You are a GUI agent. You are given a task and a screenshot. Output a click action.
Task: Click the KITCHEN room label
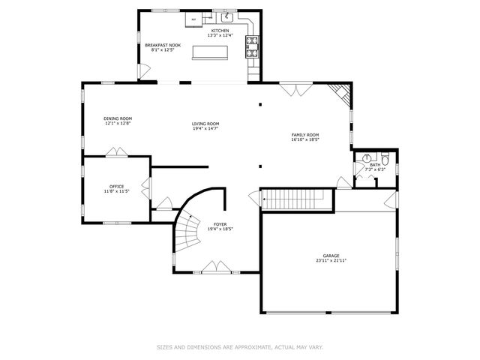pyautogui.click(x=220, y=31)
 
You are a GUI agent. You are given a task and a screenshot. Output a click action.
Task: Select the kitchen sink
pyautogui.click(x=225, y=16)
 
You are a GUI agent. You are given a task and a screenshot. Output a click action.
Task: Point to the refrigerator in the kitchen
pyautogui.click(x=193, y=18)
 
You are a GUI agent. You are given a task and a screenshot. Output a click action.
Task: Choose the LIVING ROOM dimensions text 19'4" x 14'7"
pyautogui.click(x=205, y=128)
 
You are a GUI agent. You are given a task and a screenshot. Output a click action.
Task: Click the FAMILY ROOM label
pyautogui.click(x=306, y=135)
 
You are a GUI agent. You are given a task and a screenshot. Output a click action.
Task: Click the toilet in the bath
pyautogui.click(x=384, y=159)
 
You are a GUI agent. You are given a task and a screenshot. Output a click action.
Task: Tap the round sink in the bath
pyautogui.click(x=366, y=159)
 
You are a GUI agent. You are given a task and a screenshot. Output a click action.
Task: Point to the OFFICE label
pyautogui.click(x=116, y=186)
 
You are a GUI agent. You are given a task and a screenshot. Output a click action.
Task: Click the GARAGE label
pyautogui.click(x=331, y=256)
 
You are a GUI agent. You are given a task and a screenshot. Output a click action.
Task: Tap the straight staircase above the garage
pyautogui.click(x=295, y=199)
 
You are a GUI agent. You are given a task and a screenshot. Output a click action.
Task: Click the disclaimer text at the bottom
pyautogui.click(x=239, y=346)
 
